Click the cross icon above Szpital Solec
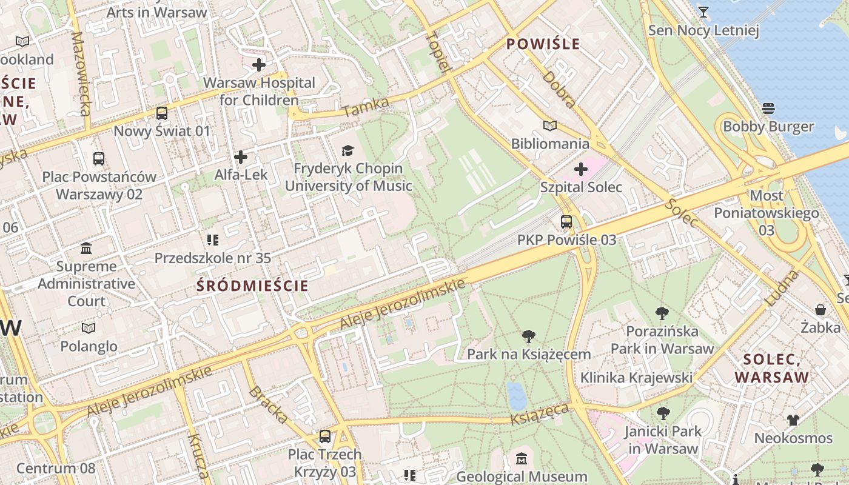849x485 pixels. [581, 169]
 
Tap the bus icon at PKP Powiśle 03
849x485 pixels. [566, 222]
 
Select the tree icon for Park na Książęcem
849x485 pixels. [529, 336]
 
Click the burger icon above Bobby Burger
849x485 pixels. [768, 109]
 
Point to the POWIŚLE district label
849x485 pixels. [543, 44]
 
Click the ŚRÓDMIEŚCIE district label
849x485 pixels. [253, 286]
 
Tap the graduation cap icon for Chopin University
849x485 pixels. [347, 150]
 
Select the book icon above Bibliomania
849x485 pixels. [550, 125]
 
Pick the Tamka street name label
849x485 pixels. [365, 108]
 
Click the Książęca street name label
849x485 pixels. [540, 415]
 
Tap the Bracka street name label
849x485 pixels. [267, 404]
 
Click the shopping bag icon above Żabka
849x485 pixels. [820, 310]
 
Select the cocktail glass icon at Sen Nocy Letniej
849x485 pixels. [703, 12]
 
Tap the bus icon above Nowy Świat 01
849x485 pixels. [162, 113]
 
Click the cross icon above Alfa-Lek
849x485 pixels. [241, 157]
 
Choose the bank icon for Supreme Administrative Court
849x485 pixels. [86, 249]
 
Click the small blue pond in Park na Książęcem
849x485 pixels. [517, 396]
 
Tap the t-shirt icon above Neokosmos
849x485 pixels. [793, 420]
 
